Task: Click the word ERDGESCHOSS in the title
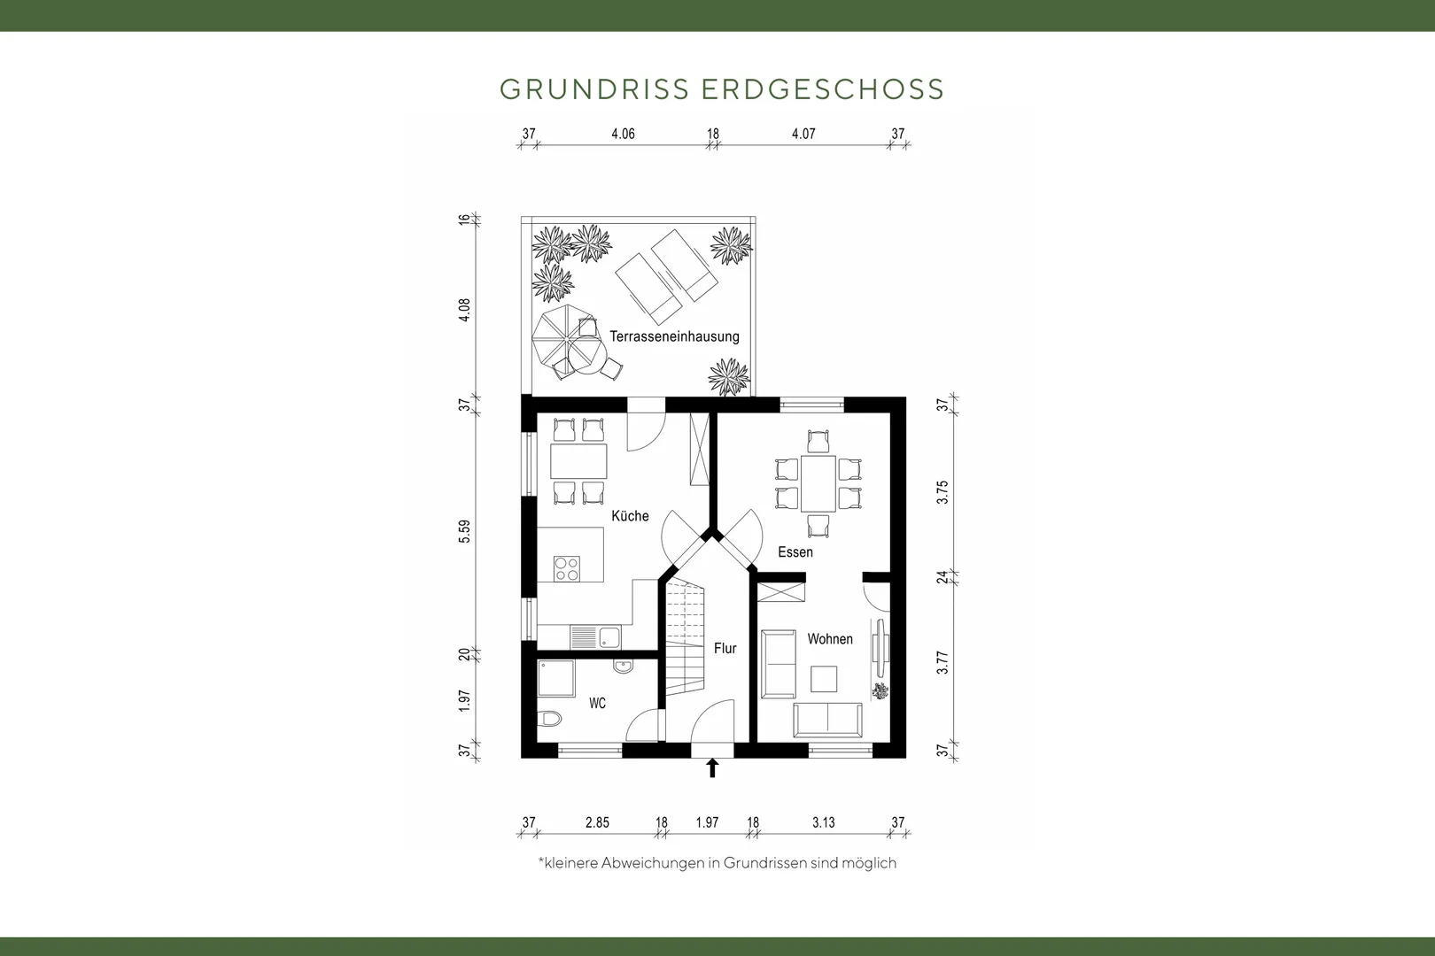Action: pyautogui.click(x=823, y=89)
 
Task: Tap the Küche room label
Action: pyautogui.click(x=630, y=516)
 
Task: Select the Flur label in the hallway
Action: pyautogui.click(x=725, y=649)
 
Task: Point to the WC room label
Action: pyautogui.click(x=597, y=704)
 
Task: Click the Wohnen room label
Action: pyautogui.click(x=830, y=639)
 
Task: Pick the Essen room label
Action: pyautogui.click(x=795, y=552)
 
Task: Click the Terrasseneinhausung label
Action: pyautogui.click(x=674, y=336)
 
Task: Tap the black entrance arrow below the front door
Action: pyautogui.click(x=711, y=767)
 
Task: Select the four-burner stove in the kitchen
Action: pyautogui.click(x=567, y=568)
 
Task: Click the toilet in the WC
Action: pyautogui.click(x=549, y=719)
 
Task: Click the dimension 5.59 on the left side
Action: pyautogui.click(x=464, y=531)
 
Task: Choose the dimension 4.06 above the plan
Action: pyautogui.click(x=623, y=134)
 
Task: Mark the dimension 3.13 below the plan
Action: pyautogui.click(x=824, y=823)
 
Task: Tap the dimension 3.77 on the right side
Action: pyautogui.click(x=942, y=662)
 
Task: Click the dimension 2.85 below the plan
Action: pyautogui.click(x=597, y=823)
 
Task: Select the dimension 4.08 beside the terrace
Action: pyautogui.click(x=464, y=310)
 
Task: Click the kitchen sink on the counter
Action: pyautogui.click(x=609, y=637)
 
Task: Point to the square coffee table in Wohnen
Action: pyautogui.click(x=824, y=679)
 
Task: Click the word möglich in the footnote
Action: pyautogui.click(x=869, y=863)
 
